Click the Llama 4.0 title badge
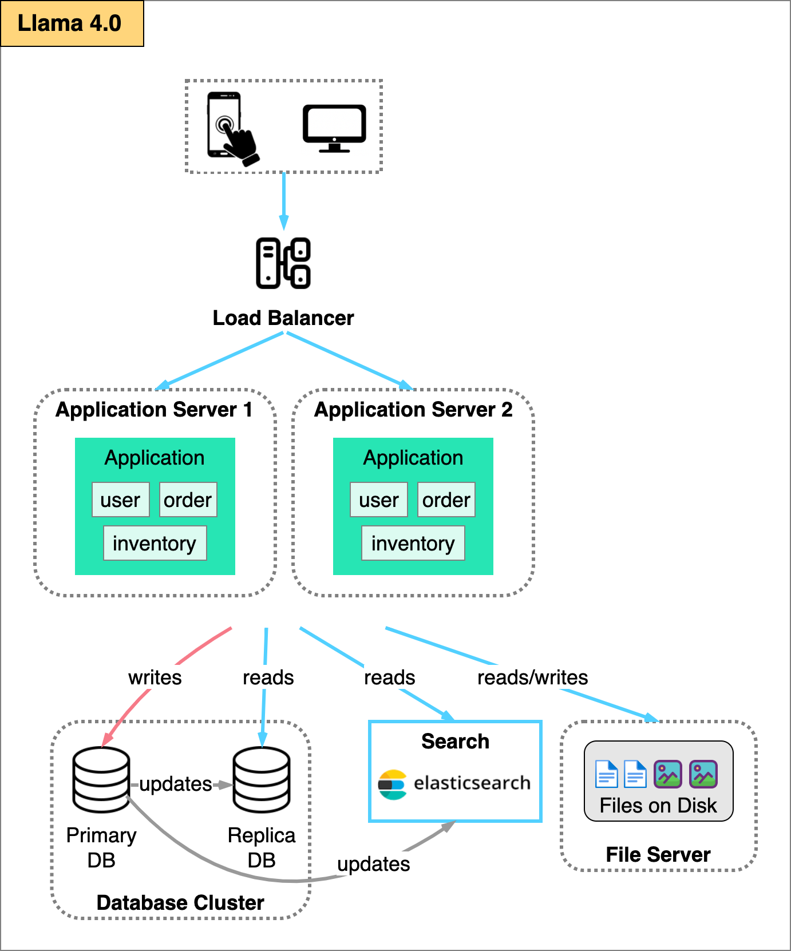coord(72,23)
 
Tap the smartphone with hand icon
coord(230,128)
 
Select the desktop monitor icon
coord(334,128)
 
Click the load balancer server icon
coord(283,263)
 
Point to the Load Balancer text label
coord(283,318)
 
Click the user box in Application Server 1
coord(120,500)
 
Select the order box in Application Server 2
coord(446,500)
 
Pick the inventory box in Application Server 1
coord(155,543)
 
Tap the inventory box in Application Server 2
coord(413,543)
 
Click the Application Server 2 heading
coord(413,410)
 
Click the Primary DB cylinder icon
coord(101,779)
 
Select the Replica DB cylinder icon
coord(262,779)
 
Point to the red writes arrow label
coord(155,677)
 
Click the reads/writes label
coord(532,677)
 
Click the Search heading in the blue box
coord(455,742)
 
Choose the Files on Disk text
coord(658,806)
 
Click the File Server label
coord(658,855)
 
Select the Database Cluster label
coord(180,903)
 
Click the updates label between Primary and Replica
coord(175,784)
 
